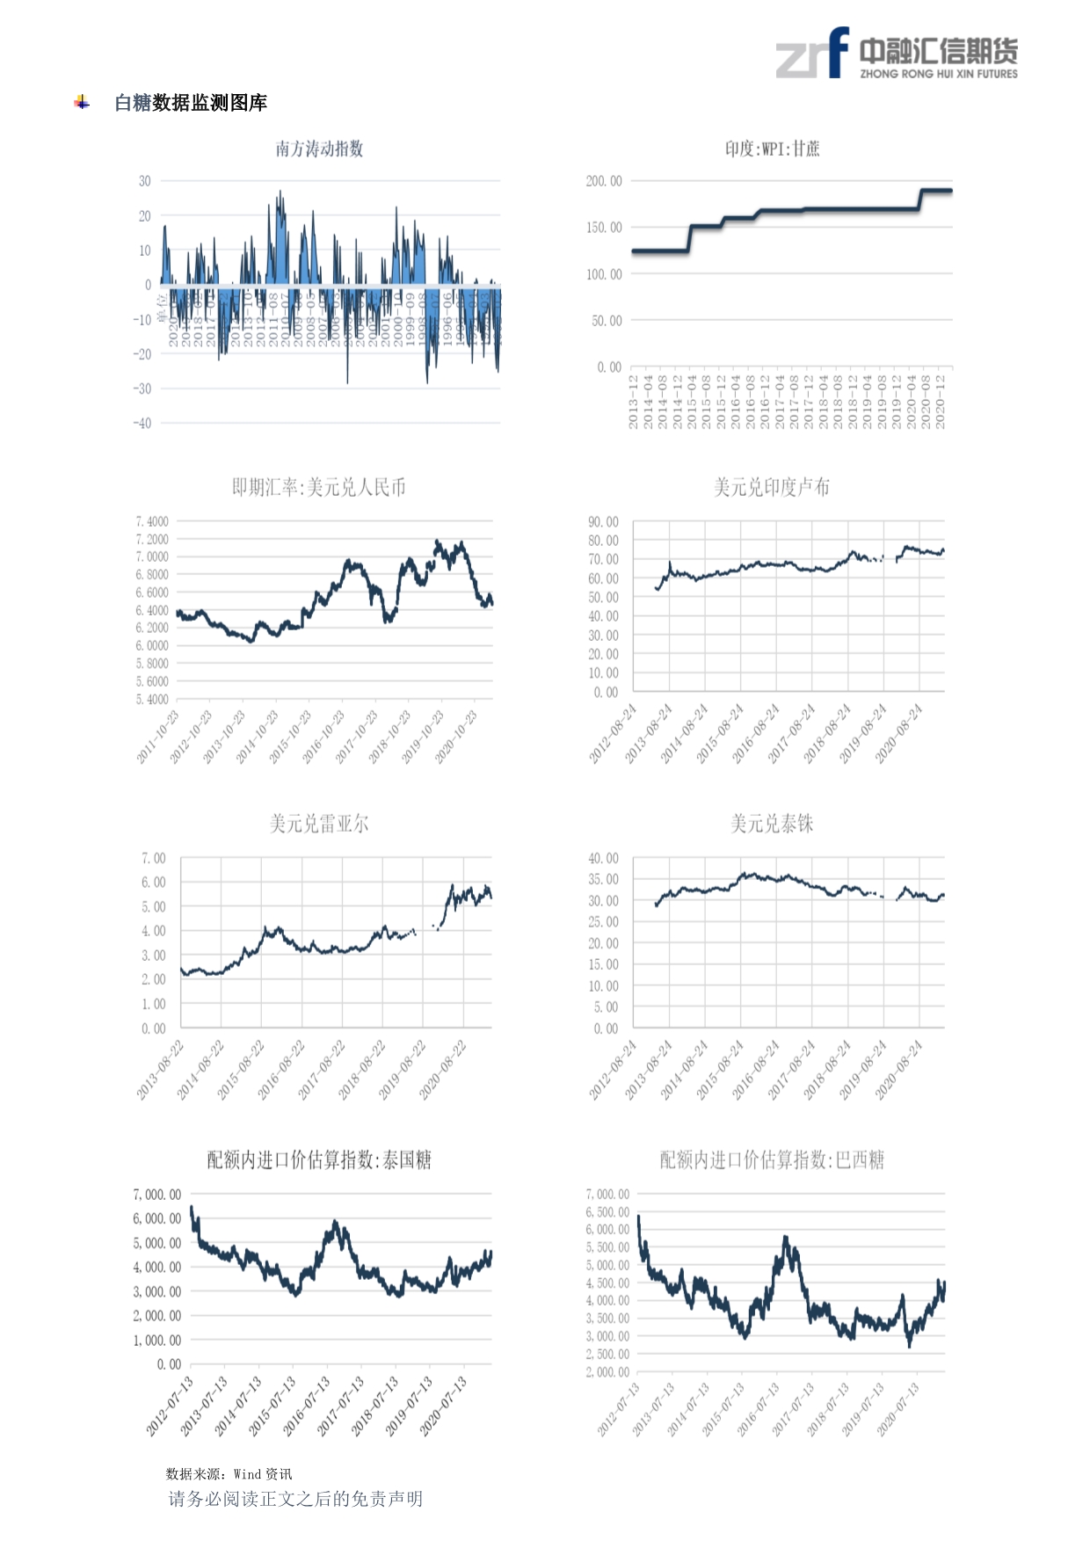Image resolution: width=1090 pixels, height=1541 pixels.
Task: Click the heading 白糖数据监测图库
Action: click(191, 103)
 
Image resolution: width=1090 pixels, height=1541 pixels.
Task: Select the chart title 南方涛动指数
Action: click(319, 149)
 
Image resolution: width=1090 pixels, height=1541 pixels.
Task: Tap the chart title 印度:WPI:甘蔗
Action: click(772, 149)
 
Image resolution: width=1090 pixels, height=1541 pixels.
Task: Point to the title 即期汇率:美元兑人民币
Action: click(318, 487)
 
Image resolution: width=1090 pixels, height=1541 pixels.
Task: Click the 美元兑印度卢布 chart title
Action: click(771, 487)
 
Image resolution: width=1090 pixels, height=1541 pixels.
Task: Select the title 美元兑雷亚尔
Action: click(318, 824)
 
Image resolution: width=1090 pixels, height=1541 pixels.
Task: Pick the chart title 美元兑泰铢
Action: click(771, 824)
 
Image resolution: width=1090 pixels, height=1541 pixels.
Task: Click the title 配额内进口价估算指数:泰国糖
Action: click(318, 1160)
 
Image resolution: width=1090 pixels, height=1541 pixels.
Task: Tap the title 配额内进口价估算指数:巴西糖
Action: click(771, 1160)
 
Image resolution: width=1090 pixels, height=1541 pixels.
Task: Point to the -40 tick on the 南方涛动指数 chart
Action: click(142, 423)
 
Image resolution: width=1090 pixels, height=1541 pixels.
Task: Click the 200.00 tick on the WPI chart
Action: click(603, 181)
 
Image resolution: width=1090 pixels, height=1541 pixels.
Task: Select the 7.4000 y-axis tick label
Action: click(151, 521)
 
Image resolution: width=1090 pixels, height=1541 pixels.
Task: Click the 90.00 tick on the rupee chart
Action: click(603, 522)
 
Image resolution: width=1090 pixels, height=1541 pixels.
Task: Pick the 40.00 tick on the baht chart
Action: click(603, 858)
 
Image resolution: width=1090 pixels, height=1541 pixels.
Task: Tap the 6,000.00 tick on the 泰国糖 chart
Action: click(156, 1218)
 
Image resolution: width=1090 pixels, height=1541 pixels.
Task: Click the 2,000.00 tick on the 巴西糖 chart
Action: click(607, 1372)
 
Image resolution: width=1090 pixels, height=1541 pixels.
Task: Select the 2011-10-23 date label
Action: click(158, 737)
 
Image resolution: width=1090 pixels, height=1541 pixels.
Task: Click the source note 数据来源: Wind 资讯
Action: click(229, 1474)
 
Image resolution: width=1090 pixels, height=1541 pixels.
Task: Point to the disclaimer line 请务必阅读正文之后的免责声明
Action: click(295, 1499)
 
